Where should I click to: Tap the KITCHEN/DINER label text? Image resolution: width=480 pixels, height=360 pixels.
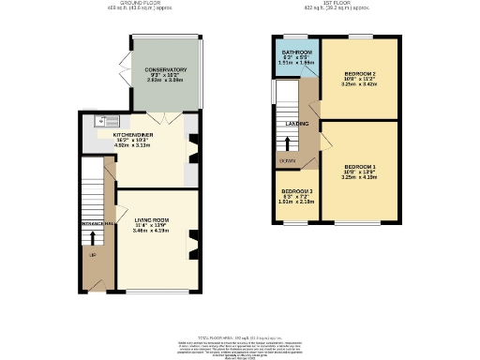(131, 134)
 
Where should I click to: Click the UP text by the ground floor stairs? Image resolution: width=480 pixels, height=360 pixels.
(92, 255)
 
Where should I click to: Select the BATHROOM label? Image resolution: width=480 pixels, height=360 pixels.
(296, 53)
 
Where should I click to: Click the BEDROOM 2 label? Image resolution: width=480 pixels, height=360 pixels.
(360, 73)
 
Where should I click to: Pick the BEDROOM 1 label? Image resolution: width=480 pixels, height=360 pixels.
(360, 163)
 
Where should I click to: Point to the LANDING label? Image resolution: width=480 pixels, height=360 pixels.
(298, 123)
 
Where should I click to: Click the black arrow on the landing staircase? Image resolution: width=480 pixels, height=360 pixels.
(287, 142)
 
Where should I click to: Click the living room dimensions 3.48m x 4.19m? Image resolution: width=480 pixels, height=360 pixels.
(152, 230)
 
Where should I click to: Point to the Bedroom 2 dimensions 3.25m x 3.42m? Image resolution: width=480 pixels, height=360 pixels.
(360, 84)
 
